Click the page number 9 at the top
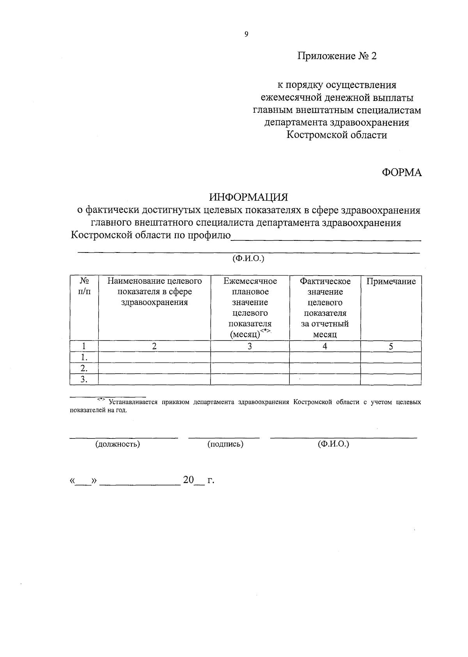(246, 34)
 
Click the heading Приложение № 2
(337, 56)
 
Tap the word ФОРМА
(402, 173)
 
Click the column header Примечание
(391, 282)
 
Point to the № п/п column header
(84, 286)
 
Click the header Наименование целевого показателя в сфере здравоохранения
(154, 291)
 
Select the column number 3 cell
(250, 346)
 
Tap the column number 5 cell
(391, 346)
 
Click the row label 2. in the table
(83, 368)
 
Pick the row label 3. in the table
(83, 380)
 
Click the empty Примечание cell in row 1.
(391, 357)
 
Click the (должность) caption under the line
(118, 444)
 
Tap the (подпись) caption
(225, 444)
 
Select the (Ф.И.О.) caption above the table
(248, 258)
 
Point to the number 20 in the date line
(188, 480)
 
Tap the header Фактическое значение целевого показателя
(325, 307)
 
